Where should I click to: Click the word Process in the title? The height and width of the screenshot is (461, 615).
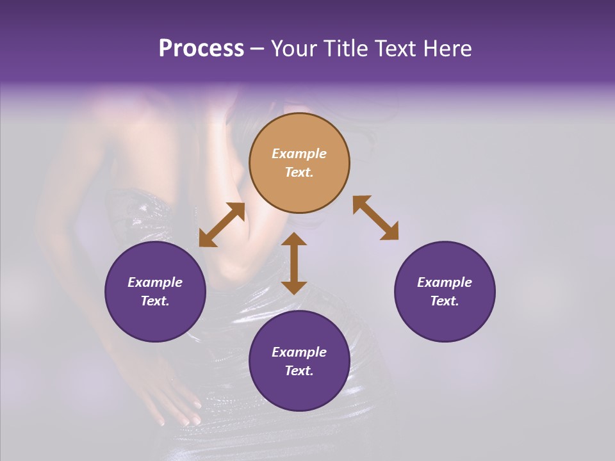(x=201, y=49)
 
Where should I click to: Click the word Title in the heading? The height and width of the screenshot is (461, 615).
(x=345, y=49)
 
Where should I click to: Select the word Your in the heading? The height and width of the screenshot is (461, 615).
(x=295, y=49)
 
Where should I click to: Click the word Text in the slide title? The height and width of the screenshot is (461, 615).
(x=394, y=49)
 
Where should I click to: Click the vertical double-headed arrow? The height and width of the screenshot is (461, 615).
(x=294, y=264)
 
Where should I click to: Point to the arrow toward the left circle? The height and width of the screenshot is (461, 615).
(x=222, y=225)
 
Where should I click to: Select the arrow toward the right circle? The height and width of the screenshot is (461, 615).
(x=375, y=218)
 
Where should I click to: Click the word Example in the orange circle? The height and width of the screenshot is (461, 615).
(x=299, y=154)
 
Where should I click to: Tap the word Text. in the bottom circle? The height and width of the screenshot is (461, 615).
(x=299, y=371)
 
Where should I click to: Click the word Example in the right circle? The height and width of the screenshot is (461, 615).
(x=445, y=282)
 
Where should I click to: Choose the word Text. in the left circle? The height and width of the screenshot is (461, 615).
(x=155, y=301)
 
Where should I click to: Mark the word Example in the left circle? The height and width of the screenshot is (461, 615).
(x=155, y=282)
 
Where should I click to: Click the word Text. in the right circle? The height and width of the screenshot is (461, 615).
(x=445, y=301)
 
